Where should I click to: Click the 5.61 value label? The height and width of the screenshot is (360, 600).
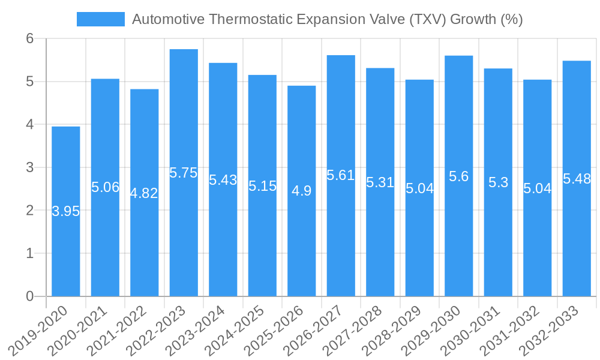click(x=341, y=175)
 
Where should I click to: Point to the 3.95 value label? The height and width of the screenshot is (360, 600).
click(x=66, y=211)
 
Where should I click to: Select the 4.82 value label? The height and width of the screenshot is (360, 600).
click(x=145, y=193)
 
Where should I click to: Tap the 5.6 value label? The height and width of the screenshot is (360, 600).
click(x=458, y=176)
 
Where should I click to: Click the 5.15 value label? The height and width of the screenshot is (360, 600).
click(x=262, y=186)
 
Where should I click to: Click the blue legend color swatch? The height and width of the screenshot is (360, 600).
click(x=100, y=19)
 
